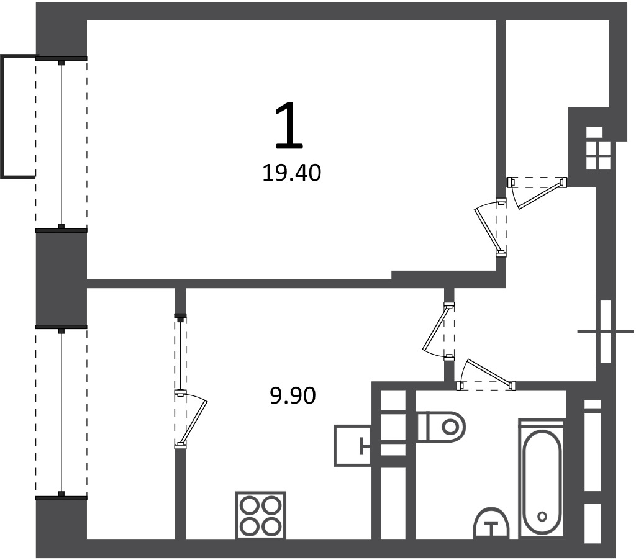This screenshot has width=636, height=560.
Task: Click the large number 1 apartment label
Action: pos(289,125)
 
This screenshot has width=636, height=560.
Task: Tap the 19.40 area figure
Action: pos(292,173)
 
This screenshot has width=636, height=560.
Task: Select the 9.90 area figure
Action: pos(293,395)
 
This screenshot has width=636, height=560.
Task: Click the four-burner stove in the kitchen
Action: pos(261,515)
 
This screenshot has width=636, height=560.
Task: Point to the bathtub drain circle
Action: pos(542,516)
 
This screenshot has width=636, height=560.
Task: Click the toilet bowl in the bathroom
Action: pos(442,427)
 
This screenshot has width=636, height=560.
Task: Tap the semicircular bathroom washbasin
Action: pos(491,523)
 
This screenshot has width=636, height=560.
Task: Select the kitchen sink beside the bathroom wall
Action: pos(352,445)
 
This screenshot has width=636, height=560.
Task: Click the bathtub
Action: pos(542,479)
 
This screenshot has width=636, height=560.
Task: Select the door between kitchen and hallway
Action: pos(437,328)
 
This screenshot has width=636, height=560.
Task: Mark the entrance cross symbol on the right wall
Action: pos(606,332)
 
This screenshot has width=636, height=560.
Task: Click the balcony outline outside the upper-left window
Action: pos(18,116)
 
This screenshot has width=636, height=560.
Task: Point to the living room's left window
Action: pos(61,145)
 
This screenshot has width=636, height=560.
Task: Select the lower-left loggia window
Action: pos(61,412)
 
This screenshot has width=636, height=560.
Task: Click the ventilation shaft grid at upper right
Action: pos(598,148)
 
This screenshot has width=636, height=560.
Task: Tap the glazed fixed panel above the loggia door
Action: pos(180,353)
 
